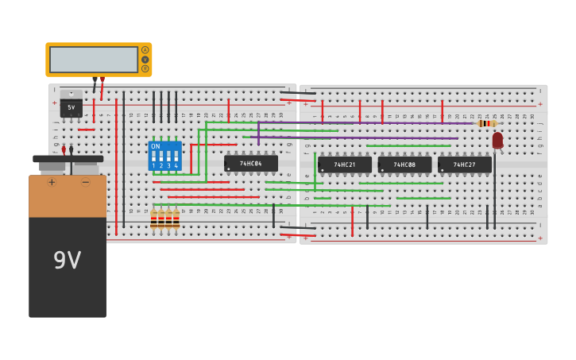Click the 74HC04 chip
tap(251, 163)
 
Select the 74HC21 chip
tap(345, 165)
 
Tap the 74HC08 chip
tap(404, 165)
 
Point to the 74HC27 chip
tap(465, 165)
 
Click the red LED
tap(497, 140)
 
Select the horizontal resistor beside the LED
tap(486, 123)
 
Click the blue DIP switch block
tap(164, 156)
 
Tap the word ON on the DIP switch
tap(155, 146)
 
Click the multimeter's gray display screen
tap(93, 60)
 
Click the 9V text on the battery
tap(67, 260)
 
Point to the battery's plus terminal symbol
tap(52, 182)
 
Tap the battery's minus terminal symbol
tap(85, 182)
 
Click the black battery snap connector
tap(68, 159)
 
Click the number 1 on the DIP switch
tap(153, 165)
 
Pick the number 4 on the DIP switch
tap(175, 165)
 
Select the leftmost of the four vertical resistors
tap(153, 219)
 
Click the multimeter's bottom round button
tap(145, 68)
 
